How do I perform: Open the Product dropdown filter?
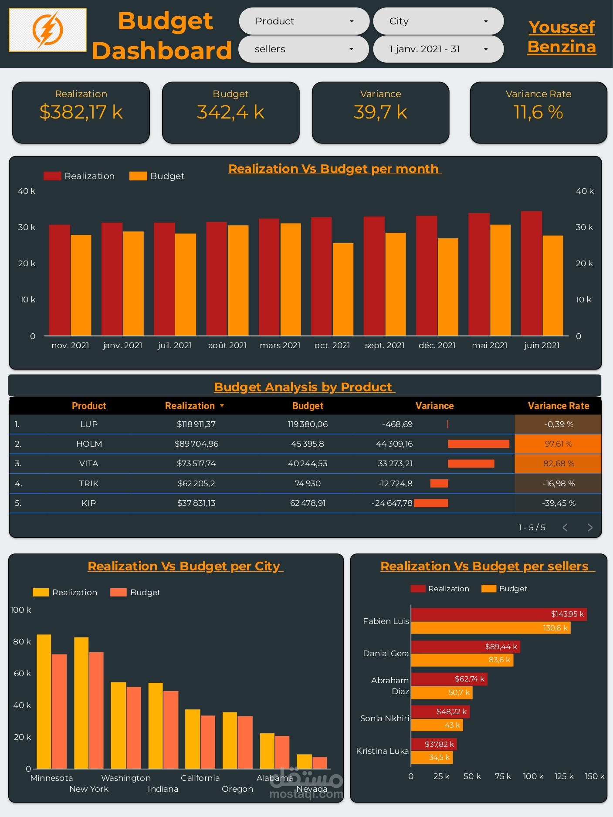[304, 21]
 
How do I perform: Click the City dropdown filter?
[438, 21]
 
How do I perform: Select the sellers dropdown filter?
[304, 49]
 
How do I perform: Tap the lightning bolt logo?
[47, 30]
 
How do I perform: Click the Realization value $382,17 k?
[81, 112]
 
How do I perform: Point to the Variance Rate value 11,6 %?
[538, 112]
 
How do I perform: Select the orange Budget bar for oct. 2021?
[343, 289]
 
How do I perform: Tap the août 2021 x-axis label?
[227, 346]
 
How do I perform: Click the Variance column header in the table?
[434, 406]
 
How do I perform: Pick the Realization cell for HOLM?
[196, 444]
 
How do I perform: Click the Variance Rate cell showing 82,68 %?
[558, 464]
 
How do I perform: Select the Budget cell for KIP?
[308, 503]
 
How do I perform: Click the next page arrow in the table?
[590, 527]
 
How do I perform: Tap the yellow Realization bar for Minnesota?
[44, 702]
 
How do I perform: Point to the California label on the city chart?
[200, 778]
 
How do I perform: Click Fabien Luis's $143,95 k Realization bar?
[498, 614]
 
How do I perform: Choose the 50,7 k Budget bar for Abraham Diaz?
[441, 692]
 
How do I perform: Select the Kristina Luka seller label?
[382, 751]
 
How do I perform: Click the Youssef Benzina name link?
[562, 37]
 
